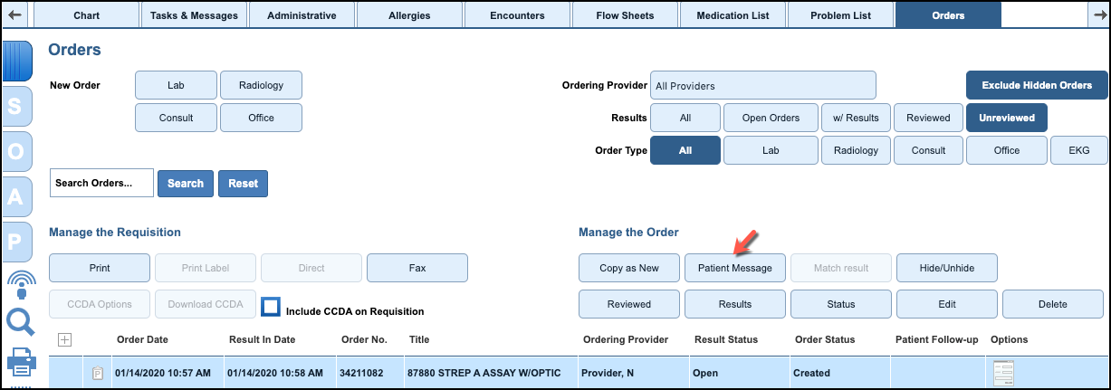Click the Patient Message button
point(734,268)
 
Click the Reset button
point(243,183)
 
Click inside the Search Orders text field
point(101,183)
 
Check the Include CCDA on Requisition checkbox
point(270,306)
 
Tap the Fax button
point(417,268)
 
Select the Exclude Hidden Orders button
point(1037,85)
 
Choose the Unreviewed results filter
point(1006,118)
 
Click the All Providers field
point(762,86)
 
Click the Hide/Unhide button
point(946,268)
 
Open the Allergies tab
point(409,15)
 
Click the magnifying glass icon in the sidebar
point(20,321)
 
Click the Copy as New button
point(628,268)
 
